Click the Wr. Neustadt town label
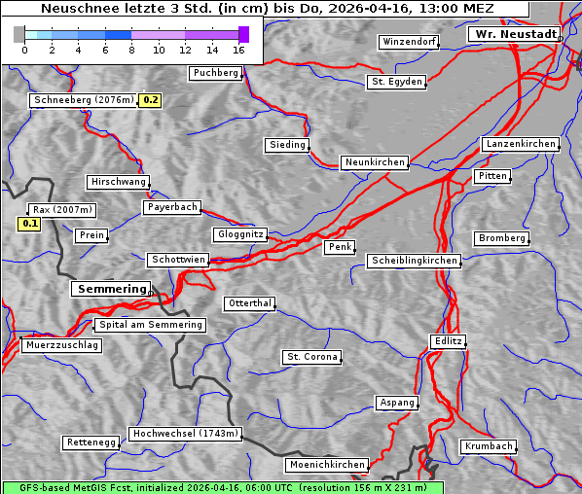click(514, 34)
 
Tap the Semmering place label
click(111, 289)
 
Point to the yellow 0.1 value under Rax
click(30, 225)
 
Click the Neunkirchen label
click(374, 162)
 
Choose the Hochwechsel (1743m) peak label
click(185, 434)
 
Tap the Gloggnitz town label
click(238, 235)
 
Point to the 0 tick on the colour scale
click(23, 50)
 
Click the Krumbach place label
click(487, 446)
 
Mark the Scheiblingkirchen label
click(413, 261)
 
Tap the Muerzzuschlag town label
click(61, 345)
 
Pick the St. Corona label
click(311, 357)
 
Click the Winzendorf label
click(409, 42)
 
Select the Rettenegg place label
click(91, 442)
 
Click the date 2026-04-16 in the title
click(377, 9)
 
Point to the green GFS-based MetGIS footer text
click(222, 487)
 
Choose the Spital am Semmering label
click(150, 325)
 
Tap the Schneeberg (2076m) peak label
click(83, 100)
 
